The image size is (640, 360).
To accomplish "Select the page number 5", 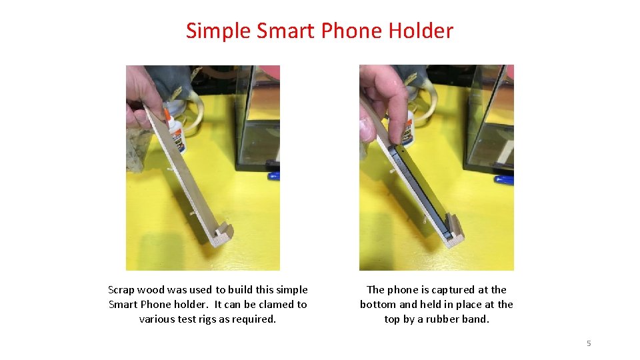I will [589, 343].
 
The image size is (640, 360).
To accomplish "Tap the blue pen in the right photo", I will [504, 179].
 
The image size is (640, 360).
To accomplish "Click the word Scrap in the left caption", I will [121, 290].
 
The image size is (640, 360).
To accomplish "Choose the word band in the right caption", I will [477, 319].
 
